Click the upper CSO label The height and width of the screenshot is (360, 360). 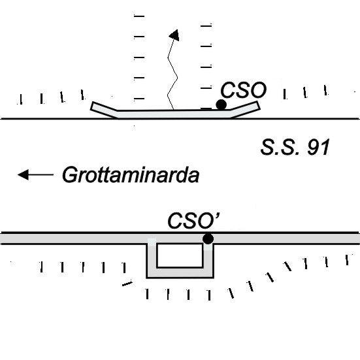click(243, 90)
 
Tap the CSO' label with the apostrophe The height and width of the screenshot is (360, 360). click(194, 221)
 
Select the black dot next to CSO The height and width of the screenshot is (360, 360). click(221, 105)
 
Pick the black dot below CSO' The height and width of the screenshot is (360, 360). click(208, 238)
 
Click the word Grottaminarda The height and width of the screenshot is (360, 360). click(131, 175)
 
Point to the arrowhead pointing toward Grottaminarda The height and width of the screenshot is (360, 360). click(23, 174)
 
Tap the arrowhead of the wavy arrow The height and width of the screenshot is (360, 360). click(174, 35)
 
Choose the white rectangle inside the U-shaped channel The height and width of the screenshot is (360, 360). click(180, 255)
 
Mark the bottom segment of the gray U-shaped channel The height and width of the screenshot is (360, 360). click(180, 272)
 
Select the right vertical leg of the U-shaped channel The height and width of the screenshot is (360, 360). click(208, 261)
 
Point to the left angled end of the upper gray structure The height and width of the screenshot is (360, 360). click(105, 110)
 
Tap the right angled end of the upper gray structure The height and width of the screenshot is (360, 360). click(245, 109)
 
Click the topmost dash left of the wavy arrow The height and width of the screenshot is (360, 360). click(139, 16)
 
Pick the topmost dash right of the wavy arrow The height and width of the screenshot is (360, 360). click(206, 25)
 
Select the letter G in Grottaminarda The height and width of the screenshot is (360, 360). click(69, 175)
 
